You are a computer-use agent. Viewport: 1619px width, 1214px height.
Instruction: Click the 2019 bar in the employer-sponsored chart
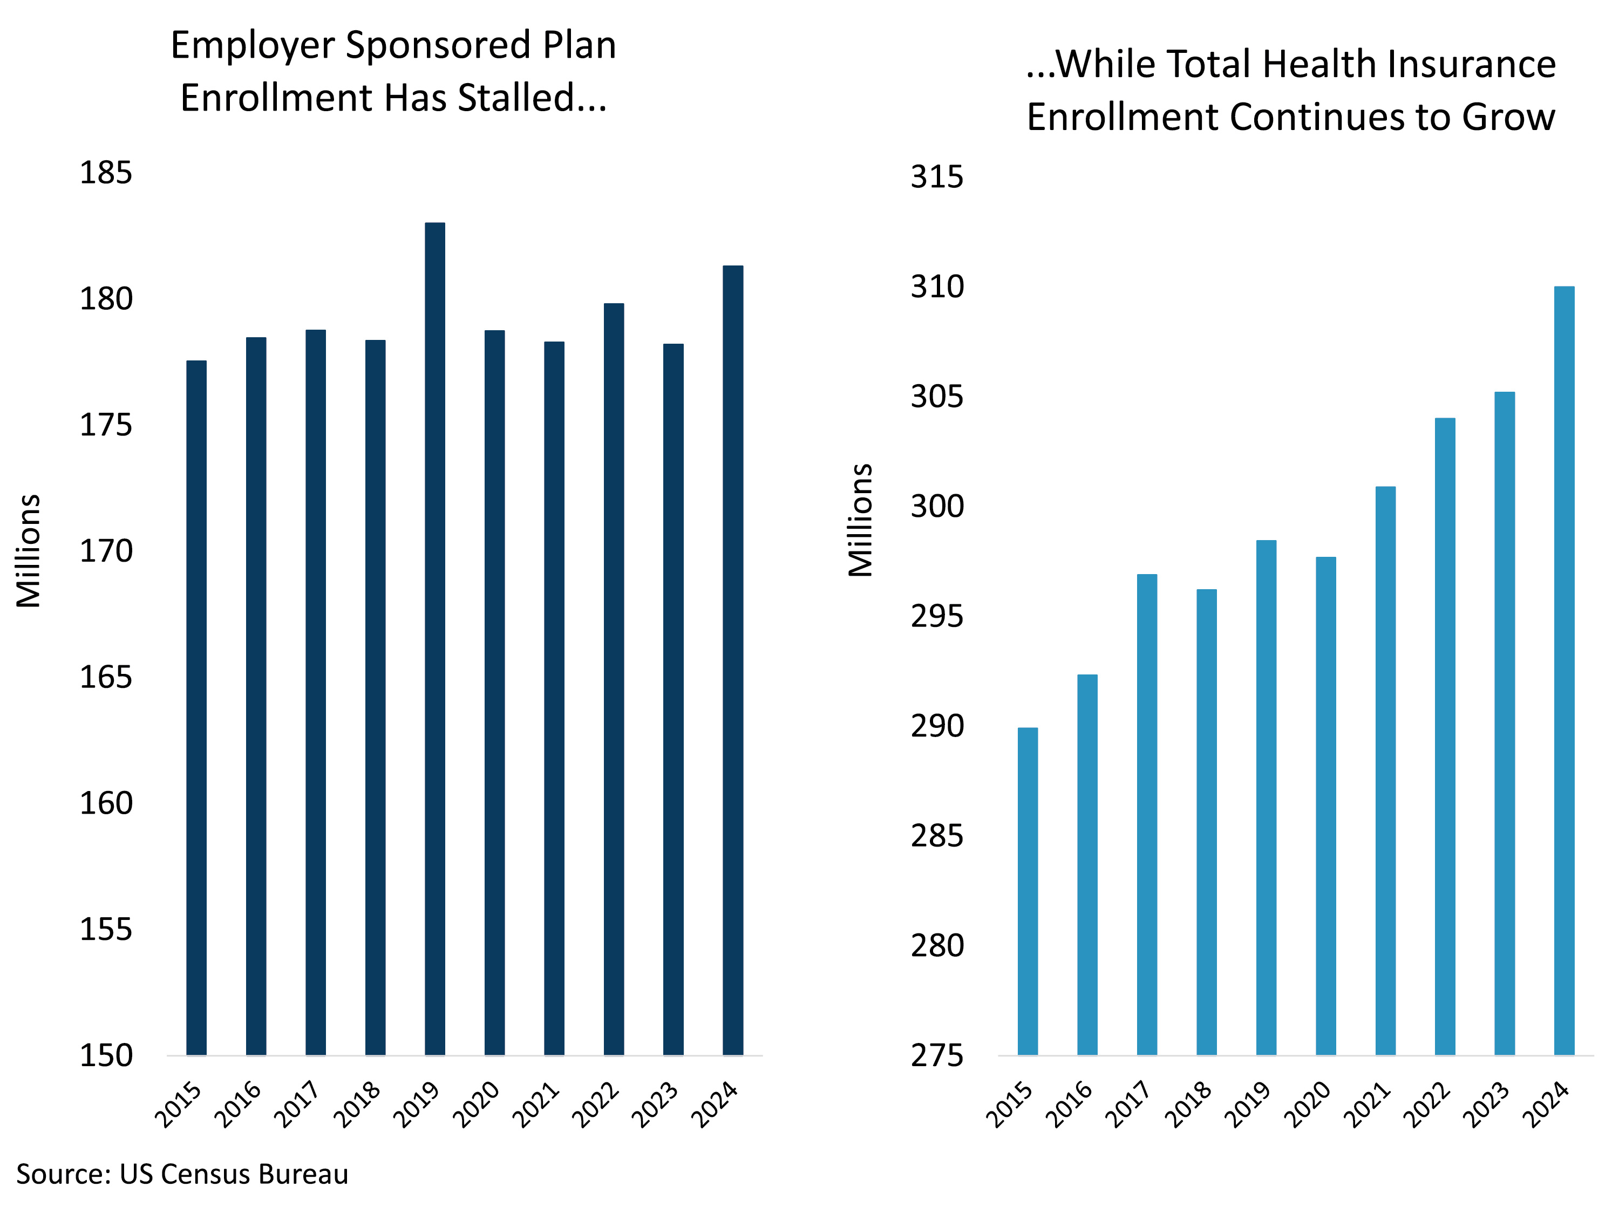click(x=435, y=639)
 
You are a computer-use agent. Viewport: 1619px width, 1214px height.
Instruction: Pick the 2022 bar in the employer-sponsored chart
click(x=614, y=679)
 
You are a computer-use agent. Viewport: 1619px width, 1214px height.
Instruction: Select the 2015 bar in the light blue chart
click(x=1028, y=891)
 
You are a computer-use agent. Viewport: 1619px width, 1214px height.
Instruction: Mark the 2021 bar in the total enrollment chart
click(x=1385, y=770)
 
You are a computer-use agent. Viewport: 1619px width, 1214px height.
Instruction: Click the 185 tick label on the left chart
click(x=106, y=173)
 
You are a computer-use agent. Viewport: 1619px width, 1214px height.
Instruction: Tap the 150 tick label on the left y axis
click(x=106, y=1055)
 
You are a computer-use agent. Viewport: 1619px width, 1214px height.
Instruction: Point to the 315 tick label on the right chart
click(x=937, y=176)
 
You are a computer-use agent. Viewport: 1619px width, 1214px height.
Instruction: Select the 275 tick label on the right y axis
click(x=937, y=1055)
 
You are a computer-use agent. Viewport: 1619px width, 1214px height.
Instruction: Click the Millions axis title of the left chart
click(x=28, y=551)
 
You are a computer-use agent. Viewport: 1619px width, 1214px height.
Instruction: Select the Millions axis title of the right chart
click(x=860, y=520)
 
